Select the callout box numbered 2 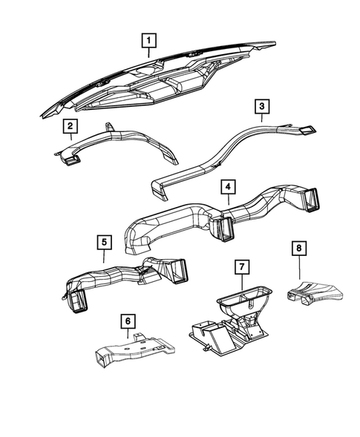pyautogui.click(x=69, y=125)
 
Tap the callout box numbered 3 pyautogui.click(x=261, y=108)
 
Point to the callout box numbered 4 pyautogui.click(x=230, y=186)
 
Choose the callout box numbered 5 pyautogui.click(x=102, y=241)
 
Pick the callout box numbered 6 pyautogui.click(x=128, y=321)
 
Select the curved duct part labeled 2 pyautogui.click(x=134, y=145)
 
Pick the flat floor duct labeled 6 pyautogui.click(x=134, y=353)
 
